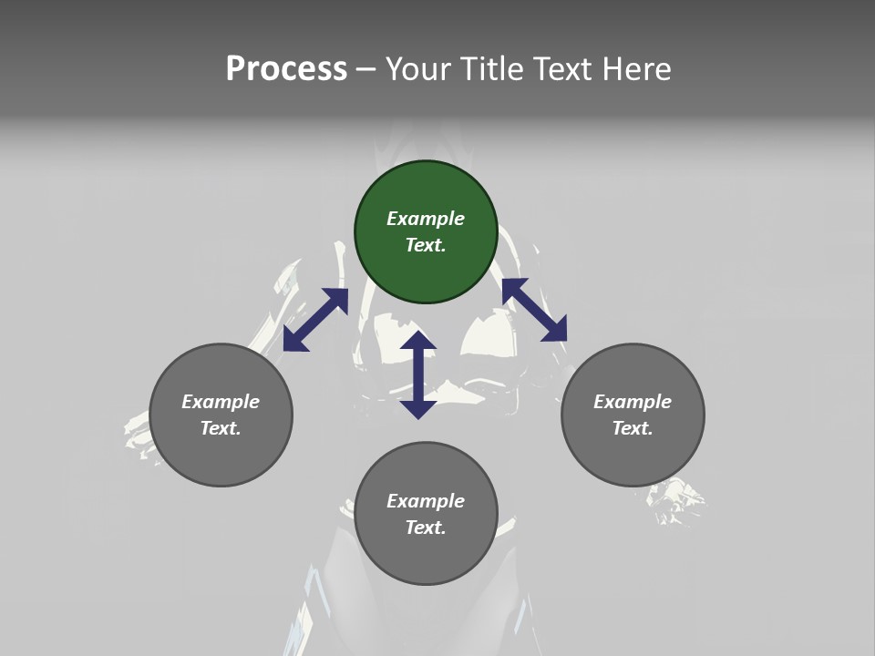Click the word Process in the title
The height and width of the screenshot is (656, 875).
coord(286,69)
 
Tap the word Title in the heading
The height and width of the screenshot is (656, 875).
coord(493,69)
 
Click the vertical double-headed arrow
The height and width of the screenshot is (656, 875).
coord(418,374)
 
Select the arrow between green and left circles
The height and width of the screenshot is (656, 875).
coord(315,320)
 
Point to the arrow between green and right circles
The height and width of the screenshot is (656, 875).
coord(534,310)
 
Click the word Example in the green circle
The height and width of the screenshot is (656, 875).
coord(426,219)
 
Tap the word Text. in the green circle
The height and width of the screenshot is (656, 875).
coord(426,245)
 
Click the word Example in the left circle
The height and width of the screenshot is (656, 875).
coord(221,402)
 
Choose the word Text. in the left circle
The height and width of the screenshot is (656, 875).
coord(221,428)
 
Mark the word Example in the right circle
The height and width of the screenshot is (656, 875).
coord(633,402)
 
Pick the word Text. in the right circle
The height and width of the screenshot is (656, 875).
coord(633,428)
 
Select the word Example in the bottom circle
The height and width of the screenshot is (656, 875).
coord(426,501)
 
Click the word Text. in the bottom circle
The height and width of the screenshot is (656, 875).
coord(426,528)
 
